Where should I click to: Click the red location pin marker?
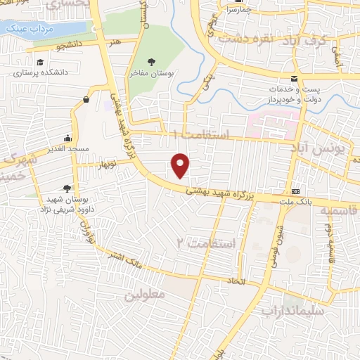pos(181,165)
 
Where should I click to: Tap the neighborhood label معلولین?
pos(144,295)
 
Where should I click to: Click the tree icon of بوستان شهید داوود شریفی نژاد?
pos(67,188)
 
